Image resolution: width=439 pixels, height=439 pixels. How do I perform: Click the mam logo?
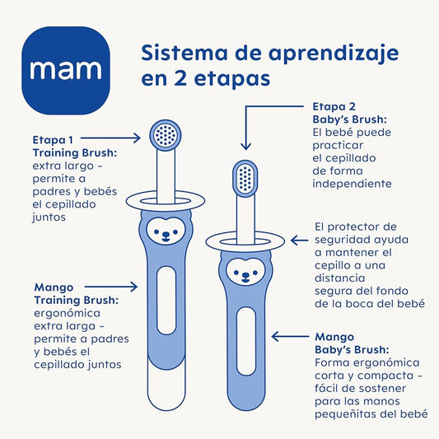pos(66,71)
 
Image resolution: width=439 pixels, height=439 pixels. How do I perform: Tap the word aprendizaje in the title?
pos(334,54)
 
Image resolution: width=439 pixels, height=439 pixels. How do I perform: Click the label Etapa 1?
pos(53,140)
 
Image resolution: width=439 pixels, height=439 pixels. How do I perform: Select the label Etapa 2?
pos(334,106)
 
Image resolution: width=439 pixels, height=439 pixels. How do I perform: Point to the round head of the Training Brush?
pos(166,136)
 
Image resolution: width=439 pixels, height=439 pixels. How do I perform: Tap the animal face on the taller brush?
pos(166,231)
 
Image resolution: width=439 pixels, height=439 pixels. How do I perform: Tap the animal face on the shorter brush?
pos(245,272)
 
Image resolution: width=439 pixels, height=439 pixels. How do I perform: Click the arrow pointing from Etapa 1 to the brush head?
pos(110,138)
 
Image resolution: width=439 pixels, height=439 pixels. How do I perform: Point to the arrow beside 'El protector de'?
pos(299,241)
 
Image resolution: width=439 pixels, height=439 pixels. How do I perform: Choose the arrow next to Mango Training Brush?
pos(111,287)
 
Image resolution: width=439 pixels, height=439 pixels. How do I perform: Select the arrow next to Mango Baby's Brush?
pos(291,336)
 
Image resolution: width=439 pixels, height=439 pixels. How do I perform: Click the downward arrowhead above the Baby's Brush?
pos(245,146)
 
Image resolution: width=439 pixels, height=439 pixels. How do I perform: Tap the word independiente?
pos(352,184)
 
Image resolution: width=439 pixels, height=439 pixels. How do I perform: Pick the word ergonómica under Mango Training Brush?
pos(68,313)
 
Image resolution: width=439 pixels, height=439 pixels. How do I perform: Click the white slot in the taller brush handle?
pos(166,301)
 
